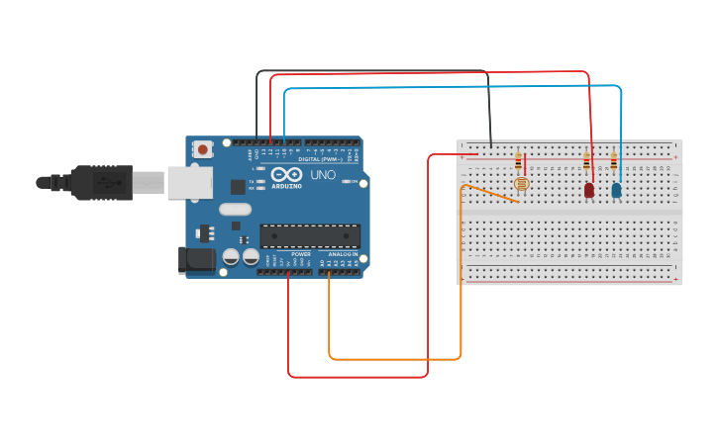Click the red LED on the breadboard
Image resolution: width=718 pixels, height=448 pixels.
(x=589, y=189)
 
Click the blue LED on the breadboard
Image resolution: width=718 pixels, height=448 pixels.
(x=616, y=189)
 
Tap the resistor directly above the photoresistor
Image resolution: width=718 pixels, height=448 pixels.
(x=517, y=159)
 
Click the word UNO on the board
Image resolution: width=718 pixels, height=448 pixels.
(x=324, y=175)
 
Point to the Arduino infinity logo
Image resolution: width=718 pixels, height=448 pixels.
(x=286, y=175)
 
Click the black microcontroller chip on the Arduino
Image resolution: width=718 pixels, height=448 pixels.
(x=309, y=236)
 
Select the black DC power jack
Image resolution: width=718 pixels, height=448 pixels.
(x=195, y=260)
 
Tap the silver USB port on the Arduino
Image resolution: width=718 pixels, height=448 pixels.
(x=189, y=182)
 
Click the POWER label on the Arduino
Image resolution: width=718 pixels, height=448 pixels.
(x=302, y=254)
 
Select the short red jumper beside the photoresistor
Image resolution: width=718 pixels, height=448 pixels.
(x=525, y=163)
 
